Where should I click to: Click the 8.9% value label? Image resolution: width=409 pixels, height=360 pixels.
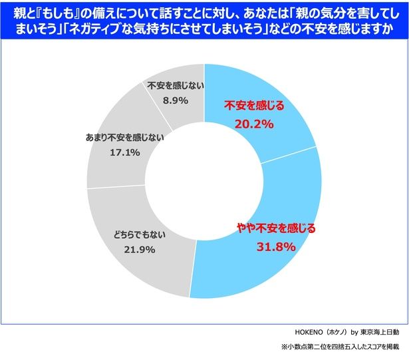click(174, 100)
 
